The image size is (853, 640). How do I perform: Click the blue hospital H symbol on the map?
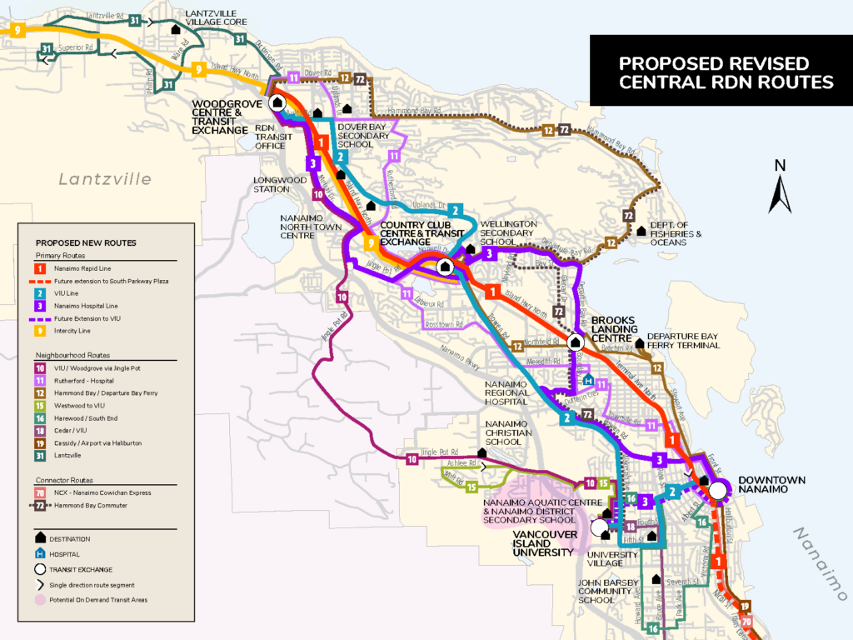[x=589, y=380]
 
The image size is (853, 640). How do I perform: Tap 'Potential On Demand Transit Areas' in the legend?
[x=99, y=600]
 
